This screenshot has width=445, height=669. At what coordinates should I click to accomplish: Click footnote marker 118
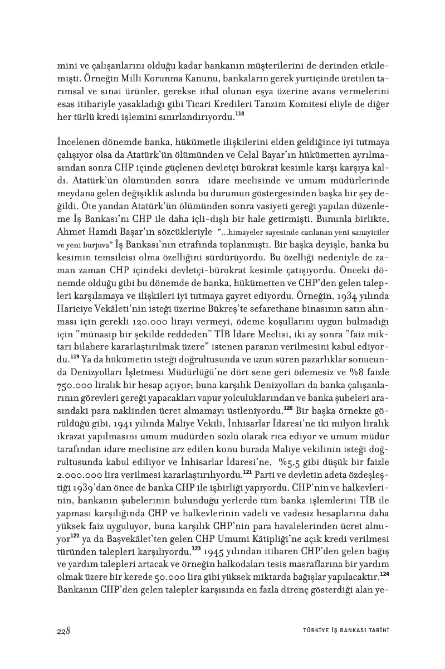(x=239, y=114)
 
